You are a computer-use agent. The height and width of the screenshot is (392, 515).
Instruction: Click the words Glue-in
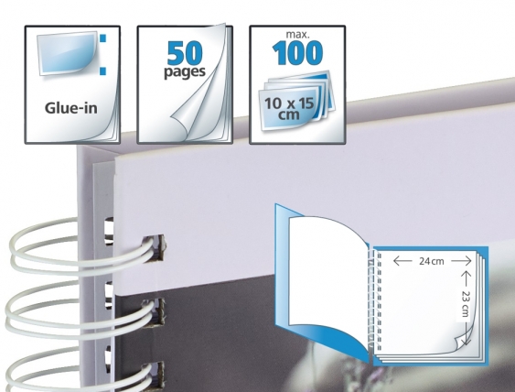[x=71, y=108]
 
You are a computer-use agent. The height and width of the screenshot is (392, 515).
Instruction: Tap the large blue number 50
[x=185, y=53]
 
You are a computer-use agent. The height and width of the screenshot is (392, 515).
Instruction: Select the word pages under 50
[x=185, y=72]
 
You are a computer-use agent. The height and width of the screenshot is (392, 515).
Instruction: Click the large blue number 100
[x=297, y=52]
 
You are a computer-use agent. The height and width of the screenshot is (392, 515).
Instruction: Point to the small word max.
[x=297, y=34]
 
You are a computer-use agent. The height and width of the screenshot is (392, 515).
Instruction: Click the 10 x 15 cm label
[x=289, y=108]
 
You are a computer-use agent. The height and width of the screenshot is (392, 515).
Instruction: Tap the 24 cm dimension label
[x=431, y=261]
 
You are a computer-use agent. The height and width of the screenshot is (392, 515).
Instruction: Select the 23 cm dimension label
[x=465, y=303]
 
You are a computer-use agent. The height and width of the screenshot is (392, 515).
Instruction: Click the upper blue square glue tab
[x=103, y=38]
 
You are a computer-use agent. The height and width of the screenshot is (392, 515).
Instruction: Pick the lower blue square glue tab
[x=103, y=71]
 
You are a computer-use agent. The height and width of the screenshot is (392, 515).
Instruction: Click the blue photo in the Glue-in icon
[x=67, y=52]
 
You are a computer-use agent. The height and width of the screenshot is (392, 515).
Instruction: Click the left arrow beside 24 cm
[x=402, y=261]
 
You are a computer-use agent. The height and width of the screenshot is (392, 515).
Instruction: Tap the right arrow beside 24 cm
[x=461, y=261]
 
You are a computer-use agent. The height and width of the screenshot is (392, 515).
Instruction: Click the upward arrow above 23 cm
[x=465, y=278]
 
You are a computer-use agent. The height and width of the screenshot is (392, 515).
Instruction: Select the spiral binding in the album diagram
[x=374, y=299]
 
